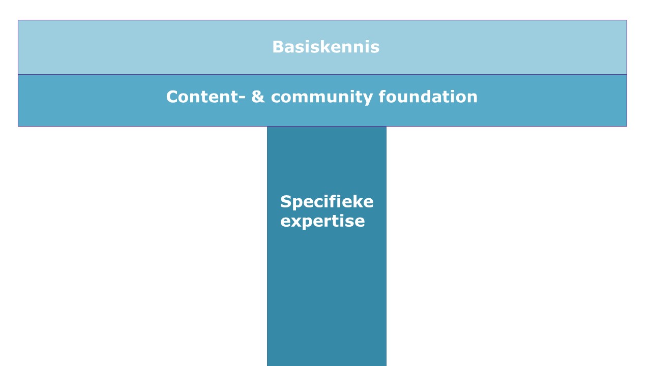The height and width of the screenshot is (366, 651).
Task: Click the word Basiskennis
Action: click(326, 47)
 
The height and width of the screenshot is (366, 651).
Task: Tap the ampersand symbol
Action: click(258, 97)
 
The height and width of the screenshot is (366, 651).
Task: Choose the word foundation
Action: click(428, 97)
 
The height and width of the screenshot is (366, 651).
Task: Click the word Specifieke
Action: click(327, 202)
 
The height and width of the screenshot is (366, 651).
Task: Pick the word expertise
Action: click(322, 221)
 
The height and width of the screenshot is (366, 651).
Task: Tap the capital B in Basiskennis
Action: click(278, 47)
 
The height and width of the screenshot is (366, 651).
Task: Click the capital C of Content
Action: click(172, 97)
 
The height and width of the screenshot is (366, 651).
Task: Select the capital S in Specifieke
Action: click(286, 202)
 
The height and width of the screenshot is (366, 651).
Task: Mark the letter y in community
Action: click(367, 99)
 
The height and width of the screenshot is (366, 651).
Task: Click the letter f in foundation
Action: click(382, 97)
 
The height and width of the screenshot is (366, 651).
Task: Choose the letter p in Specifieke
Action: click(299, 204)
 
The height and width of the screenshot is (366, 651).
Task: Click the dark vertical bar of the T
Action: click(327, 247)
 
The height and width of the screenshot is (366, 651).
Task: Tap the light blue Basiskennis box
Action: click(322, 47)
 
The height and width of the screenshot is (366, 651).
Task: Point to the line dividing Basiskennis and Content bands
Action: click(322, 75)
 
